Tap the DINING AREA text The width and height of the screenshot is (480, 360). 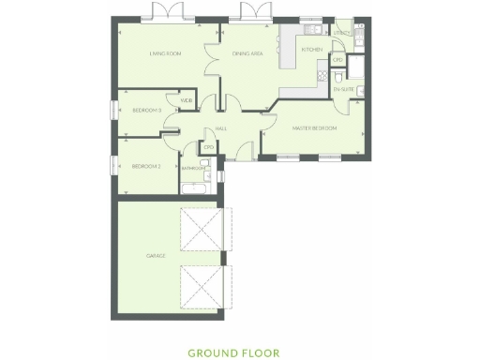coord(247,54)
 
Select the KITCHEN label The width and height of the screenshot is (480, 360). coord(312,49)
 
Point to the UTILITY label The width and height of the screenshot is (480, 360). coord(342,33)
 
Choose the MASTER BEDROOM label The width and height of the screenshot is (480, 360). coord(314,127)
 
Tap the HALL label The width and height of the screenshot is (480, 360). coord(222,128)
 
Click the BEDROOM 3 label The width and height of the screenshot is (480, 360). coord(147,111)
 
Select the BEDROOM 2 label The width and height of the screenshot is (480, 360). coord(147,166)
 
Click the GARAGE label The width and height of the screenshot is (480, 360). coord(155,255)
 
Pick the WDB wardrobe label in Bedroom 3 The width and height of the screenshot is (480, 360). coord(187,100)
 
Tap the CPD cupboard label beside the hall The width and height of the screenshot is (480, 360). coord(209,147)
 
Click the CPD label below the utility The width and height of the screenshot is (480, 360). coord(337,61)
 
